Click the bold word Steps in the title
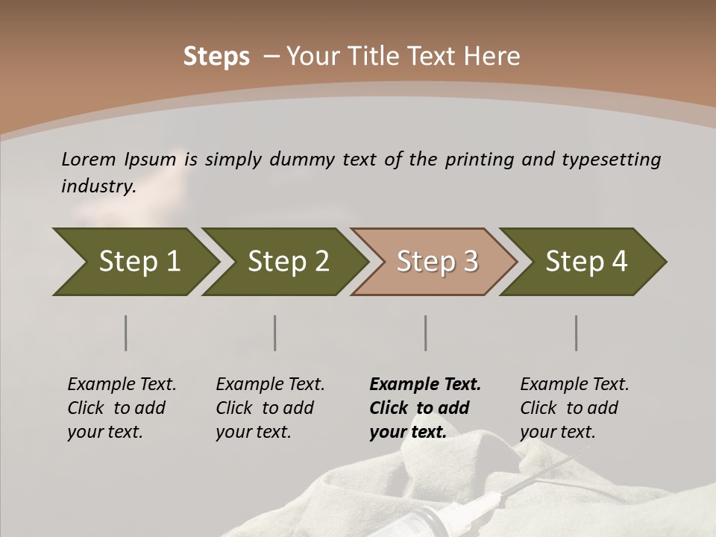click(x=216, y=57)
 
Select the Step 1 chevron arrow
click(x=134, y=262)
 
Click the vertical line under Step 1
click(x=126, y=333)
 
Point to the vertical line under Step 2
click(x=275, y=333)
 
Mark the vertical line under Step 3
click(x=426, y=333)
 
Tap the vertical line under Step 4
click(x=577, y=333)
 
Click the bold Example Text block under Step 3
click(x=424, y=408)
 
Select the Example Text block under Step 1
click(x=122, y=408)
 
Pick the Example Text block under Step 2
click(x=270, y=408)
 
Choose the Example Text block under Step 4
click(x=574, y=408)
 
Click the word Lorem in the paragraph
click(x=89, y=160)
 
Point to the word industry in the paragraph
click(x=98, y=186)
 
